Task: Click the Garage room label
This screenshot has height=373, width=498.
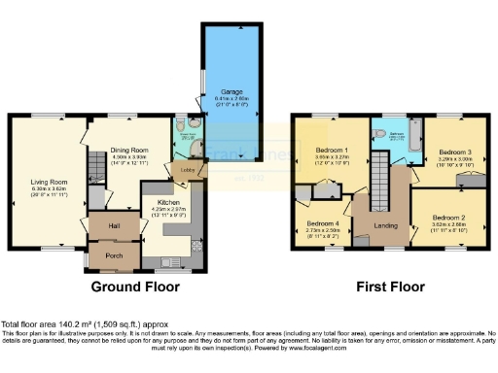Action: tap(230, 91)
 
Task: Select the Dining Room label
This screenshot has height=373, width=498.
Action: tap(113, 151)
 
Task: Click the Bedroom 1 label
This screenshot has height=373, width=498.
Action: tap(333, 151)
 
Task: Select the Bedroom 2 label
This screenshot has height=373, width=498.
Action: tap(449, 216)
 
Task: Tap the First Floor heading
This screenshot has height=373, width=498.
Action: tap(387, 288)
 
